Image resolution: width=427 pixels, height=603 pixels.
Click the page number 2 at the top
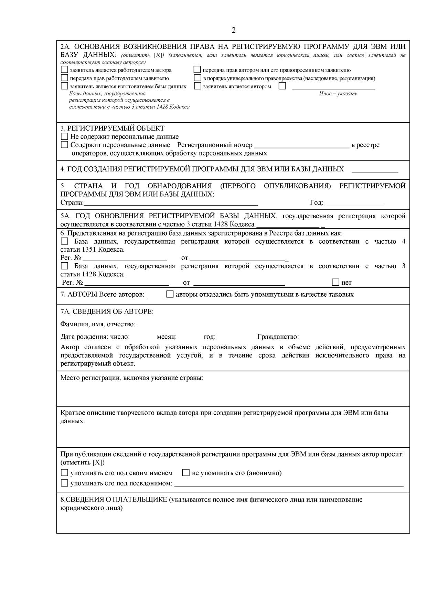[x=234, y=30]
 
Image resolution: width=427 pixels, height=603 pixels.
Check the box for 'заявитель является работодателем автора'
[x=64, y=70]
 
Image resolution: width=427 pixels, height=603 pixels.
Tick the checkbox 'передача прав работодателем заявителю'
[x=64, y=78]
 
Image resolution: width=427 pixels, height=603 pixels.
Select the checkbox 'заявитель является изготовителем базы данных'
[x=64, y=86]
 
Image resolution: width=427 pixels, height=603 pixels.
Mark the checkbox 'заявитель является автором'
[x=198, y=86]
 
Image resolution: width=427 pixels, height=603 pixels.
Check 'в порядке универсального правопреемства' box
[x=198, y=78]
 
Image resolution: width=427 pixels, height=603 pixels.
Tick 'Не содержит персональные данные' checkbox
[x=64, y=136]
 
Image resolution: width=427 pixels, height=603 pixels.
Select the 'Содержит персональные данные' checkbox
[x=64, y=145]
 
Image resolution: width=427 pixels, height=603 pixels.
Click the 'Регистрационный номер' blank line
[x=301, y=145]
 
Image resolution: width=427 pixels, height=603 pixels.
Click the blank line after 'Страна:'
[x=171, y=203]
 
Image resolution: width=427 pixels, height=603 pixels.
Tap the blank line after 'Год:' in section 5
[x=355, y=203]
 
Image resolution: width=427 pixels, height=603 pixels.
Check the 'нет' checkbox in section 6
[x=335, y=282]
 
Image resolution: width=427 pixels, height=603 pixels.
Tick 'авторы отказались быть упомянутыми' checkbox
[x=170, y=294]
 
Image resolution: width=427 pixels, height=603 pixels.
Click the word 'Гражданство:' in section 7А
[x=278, y=337]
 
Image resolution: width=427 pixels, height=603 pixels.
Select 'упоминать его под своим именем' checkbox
[x=64, y=473]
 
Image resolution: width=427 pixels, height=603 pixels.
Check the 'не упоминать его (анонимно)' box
[x=186, y=473]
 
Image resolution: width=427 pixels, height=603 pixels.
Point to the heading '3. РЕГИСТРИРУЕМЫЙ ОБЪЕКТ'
[x=113, y=128]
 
